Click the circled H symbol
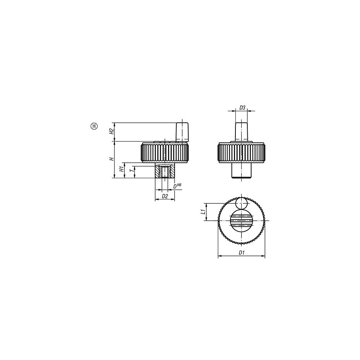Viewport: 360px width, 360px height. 94,126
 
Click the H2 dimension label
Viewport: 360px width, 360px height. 112,131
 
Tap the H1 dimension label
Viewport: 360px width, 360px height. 121,170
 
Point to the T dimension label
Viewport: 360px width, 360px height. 131,171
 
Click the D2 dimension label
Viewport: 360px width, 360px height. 165,196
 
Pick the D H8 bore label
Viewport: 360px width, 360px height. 177,186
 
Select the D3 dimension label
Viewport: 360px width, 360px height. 242,107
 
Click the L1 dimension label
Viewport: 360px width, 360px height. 203,212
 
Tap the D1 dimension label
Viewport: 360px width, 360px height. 241,253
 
